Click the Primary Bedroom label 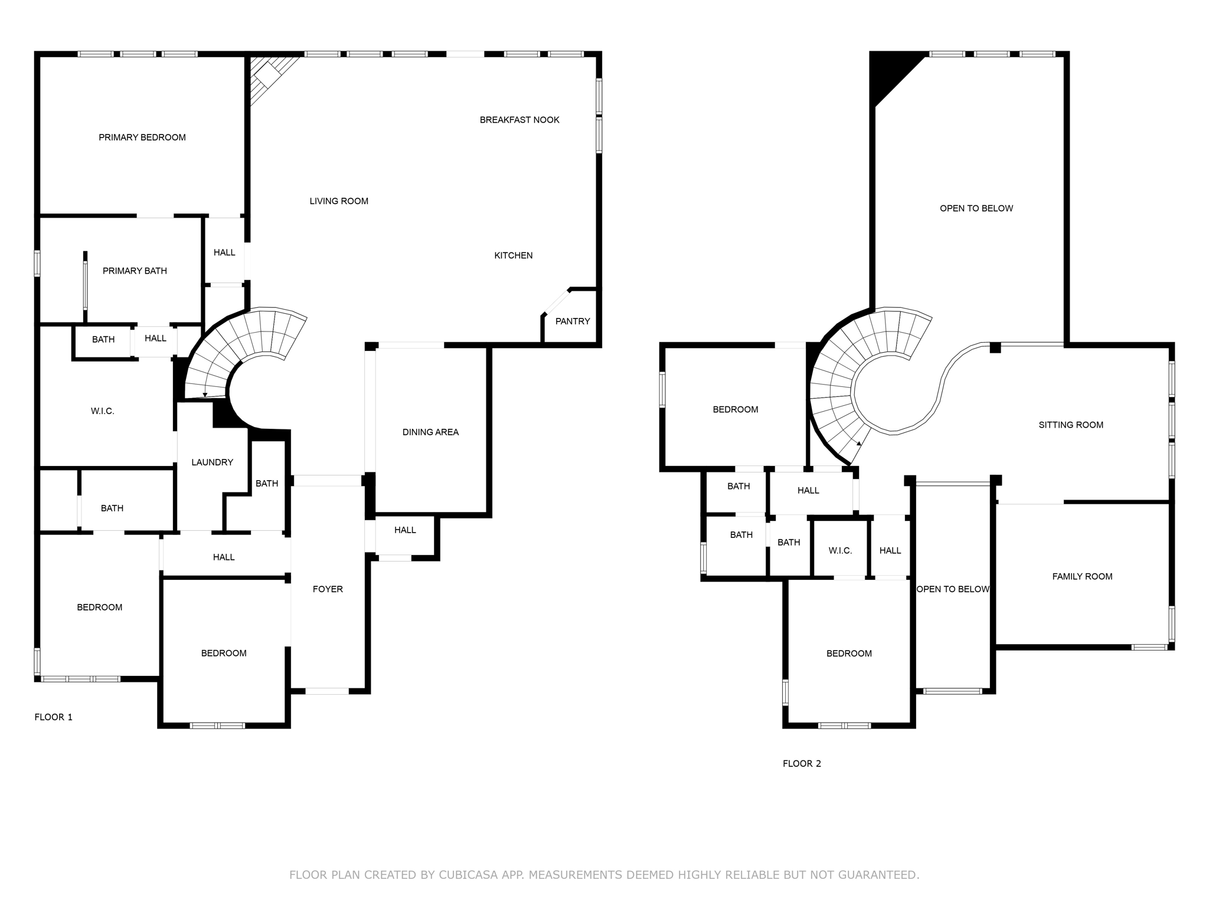coord(142,137)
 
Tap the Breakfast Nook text coord(519,120)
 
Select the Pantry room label coord(572,321)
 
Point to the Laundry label coord(212,462)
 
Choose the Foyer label coord(328,589)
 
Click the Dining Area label coord(430,432)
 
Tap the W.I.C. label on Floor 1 coord(102,411)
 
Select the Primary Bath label coord(135,271)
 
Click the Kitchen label coord(513,255)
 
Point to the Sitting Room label coord(1070,425)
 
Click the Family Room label coord(1081,577)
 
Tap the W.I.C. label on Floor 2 coord(839,551)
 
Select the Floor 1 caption coord(53,717)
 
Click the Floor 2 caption coord(801,764)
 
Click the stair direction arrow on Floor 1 coord(205,395)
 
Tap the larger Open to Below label coord(976,208)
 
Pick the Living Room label coord(338,201)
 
